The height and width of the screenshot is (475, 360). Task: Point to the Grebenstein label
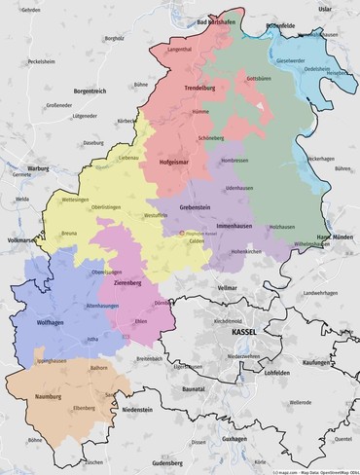tap(197, 206)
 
